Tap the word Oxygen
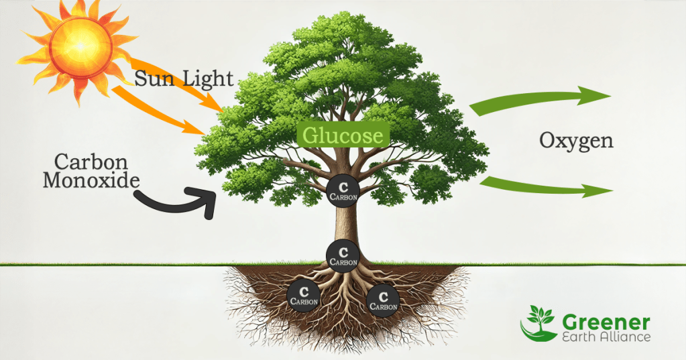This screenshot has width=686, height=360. click(x=576, y=141)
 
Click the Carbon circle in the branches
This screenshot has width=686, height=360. click(x=343, y=188)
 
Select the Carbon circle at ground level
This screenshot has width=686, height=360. click(x=343, y=255)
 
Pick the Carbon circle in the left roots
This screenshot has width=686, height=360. click(x=303, y=294)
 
